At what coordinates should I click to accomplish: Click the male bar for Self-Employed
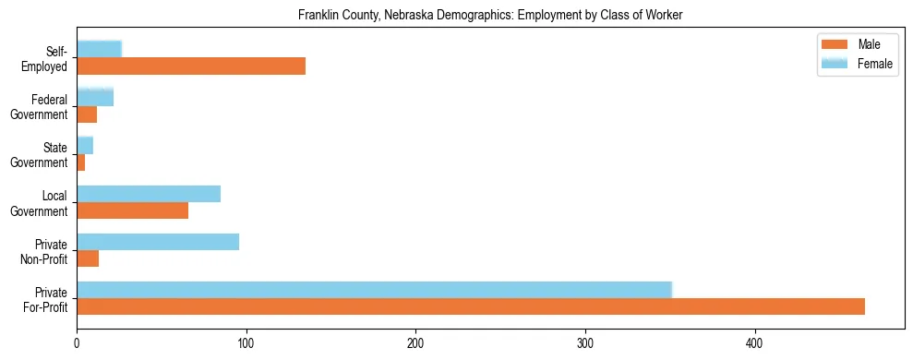(x=191, y=66)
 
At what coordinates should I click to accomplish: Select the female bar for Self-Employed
(x=99, y=49)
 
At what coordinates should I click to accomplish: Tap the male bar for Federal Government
(x=87, y=114)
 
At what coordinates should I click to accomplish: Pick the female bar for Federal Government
(x=95, y=97)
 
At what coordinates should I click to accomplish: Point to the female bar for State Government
(x=85, y=145)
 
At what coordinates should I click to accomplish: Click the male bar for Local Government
(x=132, y=210)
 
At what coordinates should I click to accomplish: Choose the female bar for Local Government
(x=149, y=194)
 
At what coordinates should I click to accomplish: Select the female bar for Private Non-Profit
(x=158, y=242)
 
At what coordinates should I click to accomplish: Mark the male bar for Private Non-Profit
(x=88, y=258)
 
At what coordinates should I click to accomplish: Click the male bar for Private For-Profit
(x=471, y=306)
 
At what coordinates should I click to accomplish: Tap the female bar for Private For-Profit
(x=374, y=290)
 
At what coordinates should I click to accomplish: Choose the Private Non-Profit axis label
(x=46, y=250)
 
